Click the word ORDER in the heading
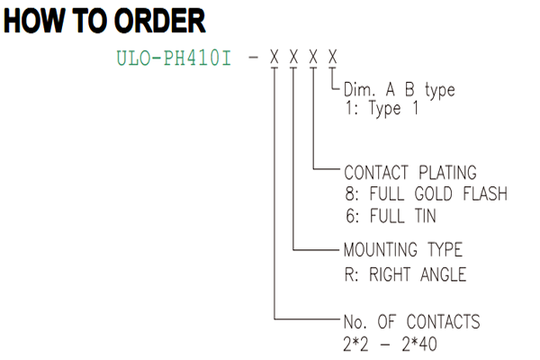(160, 21)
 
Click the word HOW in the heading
(34, 21)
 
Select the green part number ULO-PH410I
(174, 58)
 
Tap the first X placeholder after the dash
(274, 57)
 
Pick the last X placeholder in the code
(332, 57)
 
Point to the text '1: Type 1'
(382, 108)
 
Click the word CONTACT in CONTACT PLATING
(376, 173)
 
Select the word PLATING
(447, 173)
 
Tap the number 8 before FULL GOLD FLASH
(350, 193)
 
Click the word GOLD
(433, 193)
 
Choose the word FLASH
(485, 193)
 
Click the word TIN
(426, 216)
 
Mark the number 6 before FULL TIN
(350, 216)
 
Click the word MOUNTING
(381, 250)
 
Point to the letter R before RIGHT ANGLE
(349, 274)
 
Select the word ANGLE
(443, 274)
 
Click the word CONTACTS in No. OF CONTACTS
(443, 322)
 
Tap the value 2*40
(419, 344)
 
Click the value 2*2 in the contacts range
(355, 344)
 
